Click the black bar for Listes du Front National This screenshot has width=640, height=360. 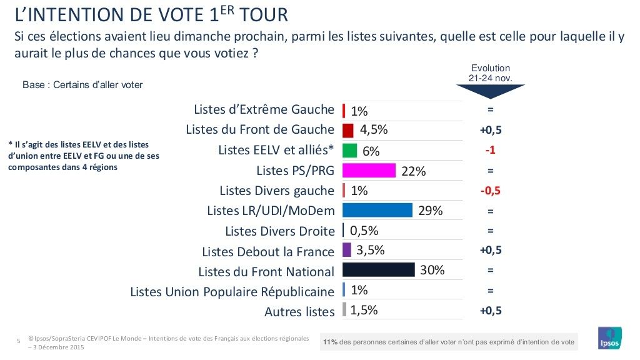pos(379,269)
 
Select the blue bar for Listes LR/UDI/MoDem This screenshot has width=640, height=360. pos(377,210)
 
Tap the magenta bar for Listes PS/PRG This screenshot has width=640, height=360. pos(369,171)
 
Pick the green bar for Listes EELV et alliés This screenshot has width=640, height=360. pos(350,151)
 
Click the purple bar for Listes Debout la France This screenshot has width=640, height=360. pos(347,250)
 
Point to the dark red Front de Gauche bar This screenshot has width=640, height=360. pos(348,130)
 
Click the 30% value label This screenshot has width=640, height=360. pos(432,270)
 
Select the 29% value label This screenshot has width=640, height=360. pos(430,211)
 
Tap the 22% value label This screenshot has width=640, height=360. pos(413,171)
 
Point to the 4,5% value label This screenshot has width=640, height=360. pos(374,130)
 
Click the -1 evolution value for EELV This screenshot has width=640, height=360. pos(490,151)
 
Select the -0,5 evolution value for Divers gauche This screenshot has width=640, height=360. pos(490,191)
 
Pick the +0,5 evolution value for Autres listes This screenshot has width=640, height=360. pos(490,310)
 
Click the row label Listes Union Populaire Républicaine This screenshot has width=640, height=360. pos(232,291)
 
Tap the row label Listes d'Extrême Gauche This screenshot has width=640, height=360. pos(264,110)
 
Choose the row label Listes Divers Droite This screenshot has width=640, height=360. pos(280,231)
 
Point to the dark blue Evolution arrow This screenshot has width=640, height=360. pos(491,92)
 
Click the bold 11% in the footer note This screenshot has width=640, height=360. pos(331,342)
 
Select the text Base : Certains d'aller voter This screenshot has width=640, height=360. pos(82,85)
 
